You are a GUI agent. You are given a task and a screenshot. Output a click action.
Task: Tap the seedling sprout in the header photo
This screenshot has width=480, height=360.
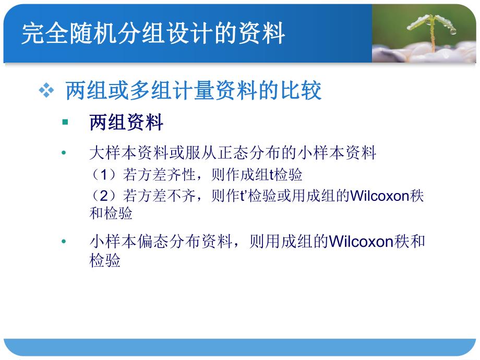point(432,29)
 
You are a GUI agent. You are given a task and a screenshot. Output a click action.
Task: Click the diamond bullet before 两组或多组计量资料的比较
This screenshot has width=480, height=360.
point(46,91)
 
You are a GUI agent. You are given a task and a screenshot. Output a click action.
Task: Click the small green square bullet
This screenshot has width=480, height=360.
point(65,123)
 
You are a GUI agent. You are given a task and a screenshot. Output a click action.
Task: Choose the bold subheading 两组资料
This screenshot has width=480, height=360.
point(127,123)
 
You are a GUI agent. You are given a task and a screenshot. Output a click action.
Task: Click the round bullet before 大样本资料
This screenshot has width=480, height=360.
point(64,153)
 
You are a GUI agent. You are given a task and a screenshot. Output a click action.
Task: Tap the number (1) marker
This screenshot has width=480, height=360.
point(106,175)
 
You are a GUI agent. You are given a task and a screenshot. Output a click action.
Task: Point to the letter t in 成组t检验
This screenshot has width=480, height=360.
point(271,175)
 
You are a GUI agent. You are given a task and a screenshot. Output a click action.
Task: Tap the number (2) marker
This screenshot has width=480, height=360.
point(106,196)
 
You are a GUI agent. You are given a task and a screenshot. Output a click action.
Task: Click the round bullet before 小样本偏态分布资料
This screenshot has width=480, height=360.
point(64,242)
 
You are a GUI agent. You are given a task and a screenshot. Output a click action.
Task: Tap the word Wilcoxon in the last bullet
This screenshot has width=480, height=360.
point(361,242)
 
